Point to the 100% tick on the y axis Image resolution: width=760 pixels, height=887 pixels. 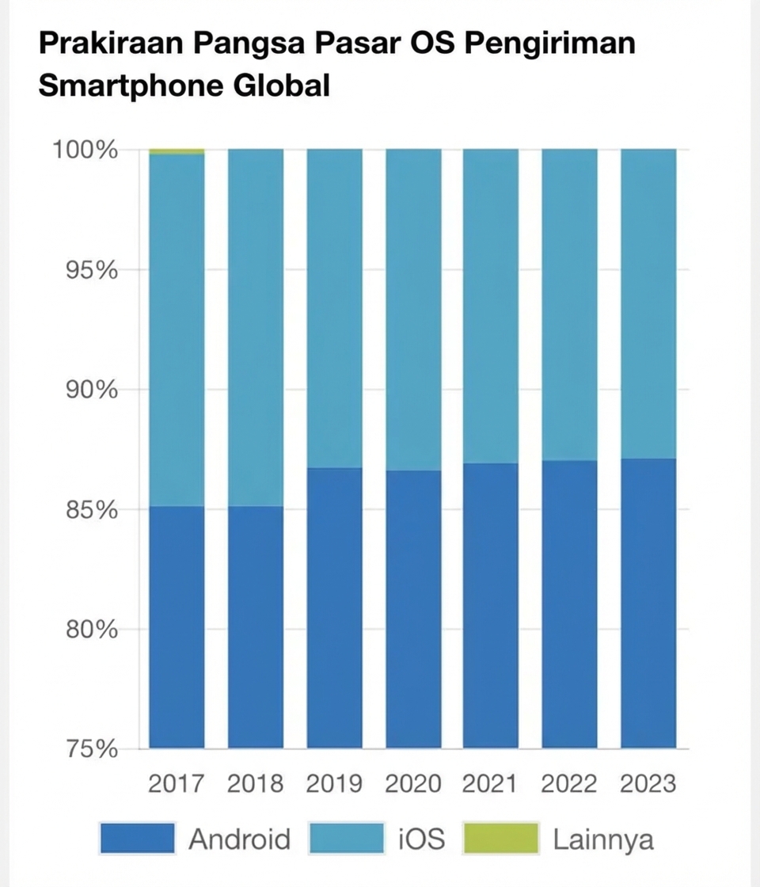85,149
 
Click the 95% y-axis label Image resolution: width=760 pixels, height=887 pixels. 89,270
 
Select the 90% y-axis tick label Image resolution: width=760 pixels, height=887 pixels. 89,390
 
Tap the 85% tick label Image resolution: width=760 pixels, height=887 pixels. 89,510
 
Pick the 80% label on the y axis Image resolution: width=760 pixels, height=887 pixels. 89,630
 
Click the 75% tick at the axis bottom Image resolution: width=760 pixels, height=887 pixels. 89,749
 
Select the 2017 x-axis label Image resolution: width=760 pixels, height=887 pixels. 176,784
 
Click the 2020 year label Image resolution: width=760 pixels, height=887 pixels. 413,784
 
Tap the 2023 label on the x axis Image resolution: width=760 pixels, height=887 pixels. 648,784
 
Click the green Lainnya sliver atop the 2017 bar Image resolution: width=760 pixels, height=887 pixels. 177,151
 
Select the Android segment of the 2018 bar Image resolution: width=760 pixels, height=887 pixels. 256,626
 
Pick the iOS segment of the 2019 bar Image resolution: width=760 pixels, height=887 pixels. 334,309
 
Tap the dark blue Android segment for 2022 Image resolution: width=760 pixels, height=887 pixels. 569,602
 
